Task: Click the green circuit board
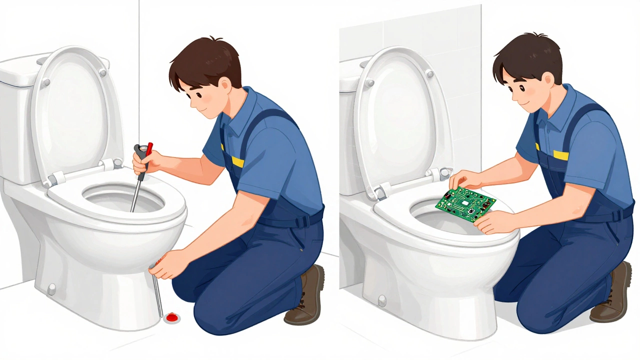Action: tap(465, 204)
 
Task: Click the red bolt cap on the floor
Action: tap(172, 317)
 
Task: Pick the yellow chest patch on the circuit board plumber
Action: tap(560, 155)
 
